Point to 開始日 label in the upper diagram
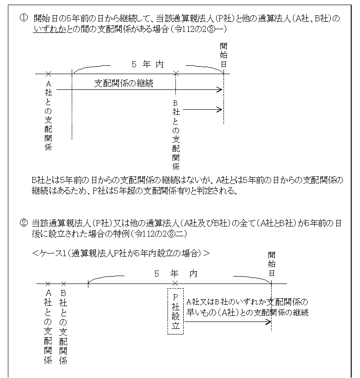coord(223,55)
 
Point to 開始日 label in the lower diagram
coord(272,265)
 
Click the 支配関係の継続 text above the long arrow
coord(124,84)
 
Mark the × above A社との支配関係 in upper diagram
coord(48,74)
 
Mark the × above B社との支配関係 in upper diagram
coord(175,74)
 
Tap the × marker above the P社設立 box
coord(175,283)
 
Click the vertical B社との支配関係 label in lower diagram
coord(63,327)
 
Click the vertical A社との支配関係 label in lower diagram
coord(48,327)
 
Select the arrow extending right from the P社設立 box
coord(227,322)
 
